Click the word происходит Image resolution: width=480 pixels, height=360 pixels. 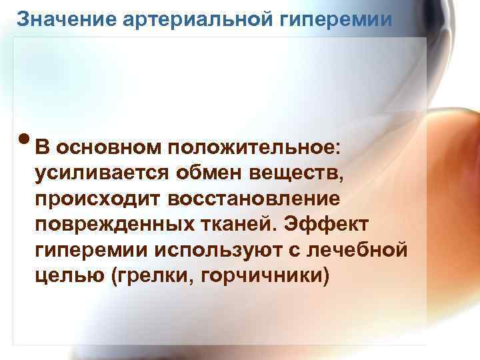tap(97, 200)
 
